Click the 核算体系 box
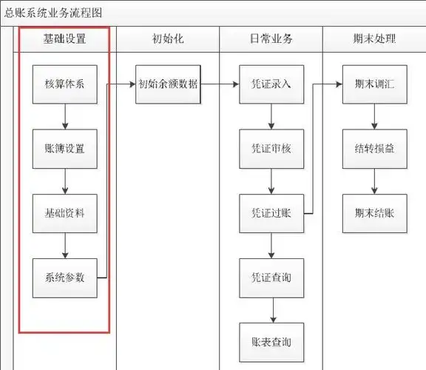[x=65, y=84]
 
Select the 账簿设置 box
[x=65, y=149]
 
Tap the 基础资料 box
[x=65, y=213]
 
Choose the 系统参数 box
[x=65, y=277]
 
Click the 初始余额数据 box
[x=168, y=84]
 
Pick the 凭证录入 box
[x=271, y=84]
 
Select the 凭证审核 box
[x=271, y=149]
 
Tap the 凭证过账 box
[x=271, y=213]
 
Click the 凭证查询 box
[x=271, y=277]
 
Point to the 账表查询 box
[x=271, y=342]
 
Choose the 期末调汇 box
[x=374, y=84]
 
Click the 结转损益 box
[x=374, y=149]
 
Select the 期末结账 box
[x=374, y=213]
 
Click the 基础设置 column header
[x=65, y=39]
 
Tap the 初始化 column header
[x=168, y=39]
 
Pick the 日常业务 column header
[x=271, y=39]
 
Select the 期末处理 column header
[x=374, y=39]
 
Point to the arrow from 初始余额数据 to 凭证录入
[x=220, y=84]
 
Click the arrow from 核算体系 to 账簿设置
[x=65, y=116]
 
